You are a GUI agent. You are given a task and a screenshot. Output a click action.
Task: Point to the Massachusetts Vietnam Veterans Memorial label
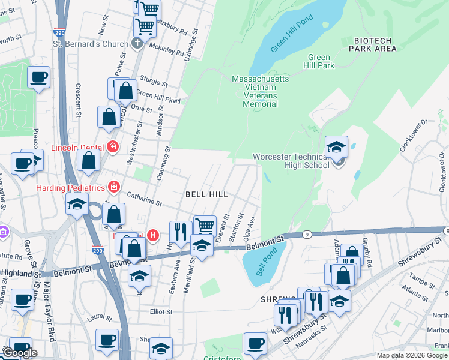pos(261,91)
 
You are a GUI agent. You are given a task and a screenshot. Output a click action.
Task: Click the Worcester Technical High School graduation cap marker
pos(336,148)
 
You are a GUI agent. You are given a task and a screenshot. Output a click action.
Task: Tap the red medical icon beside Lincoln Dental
pos(113,146)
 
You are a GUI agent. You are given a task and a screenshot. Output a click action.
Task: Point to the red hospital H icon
pos(153,235)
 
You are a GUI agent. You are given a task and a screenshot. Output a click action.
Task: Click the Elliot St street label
pos(160,311)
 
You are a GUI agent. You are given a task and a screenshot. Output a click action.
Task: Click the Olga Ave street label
pos(253,229)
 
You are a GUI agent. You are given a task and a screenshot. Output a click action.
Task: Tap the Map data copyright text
pos(412,355)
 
